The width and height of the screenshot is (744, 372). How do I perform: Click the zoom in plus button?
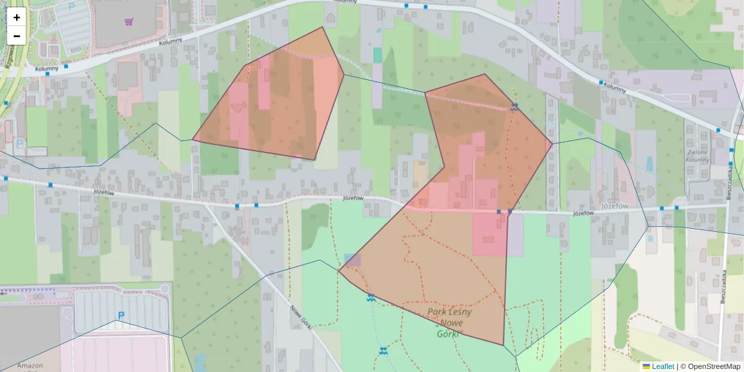click(17, 17)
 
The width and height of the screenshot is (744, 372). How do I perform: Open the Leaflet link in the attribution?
click(662, 366)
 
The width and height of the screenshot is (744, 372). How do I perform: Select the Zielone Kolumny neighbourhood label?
click(697, 156)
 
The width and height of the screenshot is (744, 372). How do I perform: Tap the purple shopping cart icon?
click(128, 22)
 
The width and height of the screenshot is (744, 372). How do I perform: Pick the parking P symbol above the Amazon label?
click(121, 316)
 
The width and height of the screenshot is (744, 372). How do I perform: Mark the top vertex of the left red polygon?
click(322, 27)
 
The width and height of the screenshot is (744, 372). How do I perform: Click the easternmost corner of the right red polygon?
click(552, 144)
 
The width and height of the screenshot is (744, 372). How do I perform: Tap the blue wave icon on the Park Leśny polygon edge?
click(371, 298)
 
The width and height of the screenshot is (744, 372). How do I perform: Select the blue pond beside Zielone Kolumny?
click(649, 164)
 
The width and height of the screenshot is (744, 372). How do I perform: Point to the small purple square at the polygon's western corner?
click(352, 260)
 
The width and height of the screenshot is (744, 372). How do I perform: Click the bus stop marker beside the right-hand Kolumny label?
click(601, 82)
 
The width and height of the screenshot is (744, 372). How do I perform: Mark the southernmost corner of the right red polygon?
click(503, 345)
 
